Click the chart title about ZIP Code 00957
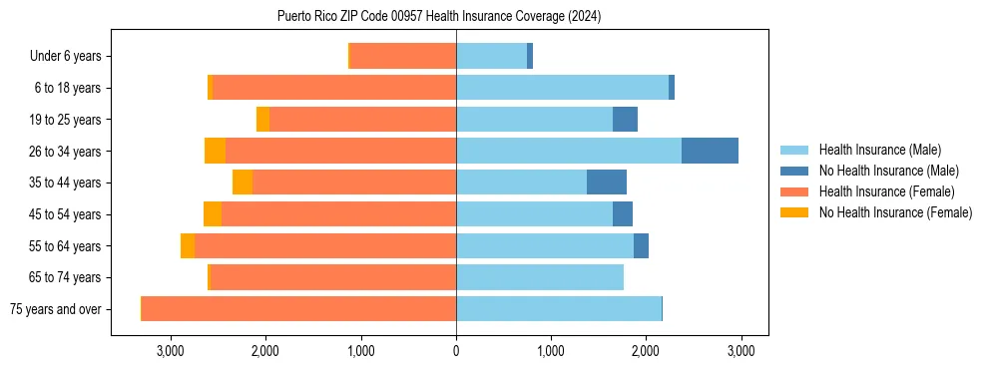pos(439,17)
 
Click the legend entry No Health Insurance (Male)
pos(888,171)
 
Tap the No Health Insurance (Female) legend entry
pos(895,212)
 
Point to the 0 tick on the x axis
pos(456,351)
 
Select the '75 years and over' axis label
pos(56,309)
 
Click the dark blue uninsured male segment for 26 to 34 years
pos(710,151)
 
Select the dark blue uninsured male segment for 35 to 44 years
pos(607,183)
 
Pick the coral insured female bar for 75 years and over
pos(299,309)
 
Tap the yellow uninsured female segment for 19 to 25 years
pos(262,120)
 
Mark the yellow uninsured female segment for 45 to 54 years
pos(213,214)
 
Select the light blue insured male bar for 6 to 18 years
pos(562,88)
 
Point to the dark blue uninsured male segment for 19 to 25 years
pos(625,120)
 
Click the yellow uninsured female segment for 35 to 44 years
pos(243,183)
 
